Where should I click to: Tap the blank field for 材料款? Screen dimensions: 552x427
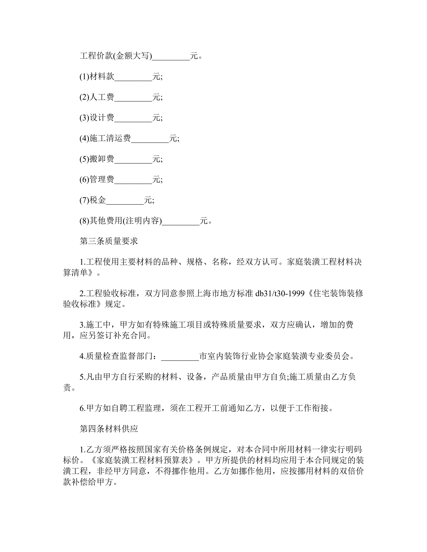pos(133,77)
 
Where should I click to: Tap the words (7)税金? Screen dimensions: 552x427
pos(93,200)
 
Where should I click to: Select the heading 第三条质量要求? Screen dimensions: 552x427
pos(109,241)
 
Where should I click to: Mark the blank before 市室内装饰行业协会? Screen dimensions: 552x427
pos(180,357)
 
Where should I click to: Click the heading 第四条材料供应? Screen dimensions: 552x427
pos(109,429)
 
